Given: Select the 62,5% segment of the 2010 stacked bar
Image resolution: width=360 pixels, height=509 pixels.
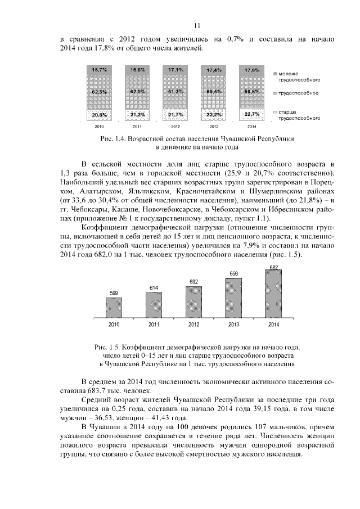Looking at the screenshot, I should (100, 91).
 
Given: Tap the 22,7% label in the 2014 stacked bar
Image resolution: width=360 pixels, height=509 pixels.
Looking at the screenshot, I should (252, 114).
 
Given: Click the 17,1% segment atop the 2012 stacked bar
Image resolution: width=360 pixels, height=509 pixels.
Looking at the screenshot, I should (176, 70).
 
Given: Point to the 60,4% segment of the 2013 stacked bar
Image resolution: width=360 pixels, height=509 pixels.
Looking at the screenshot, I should (214, 91).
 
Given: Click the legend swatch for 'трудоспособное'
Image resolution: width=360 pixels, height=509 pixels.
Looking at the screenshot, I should (274, 93).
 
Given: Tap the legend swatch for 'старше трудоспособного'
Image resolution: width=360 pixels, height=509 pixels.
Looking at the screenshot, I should (274, 112).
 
